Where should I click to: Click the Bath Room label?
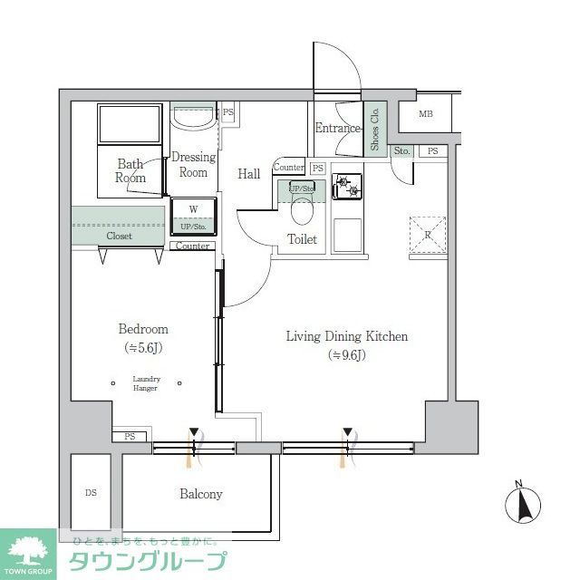(x=130, y=170)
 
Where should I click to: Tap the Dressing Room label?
(x=193, y=164)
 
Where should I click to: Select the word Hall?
(x=249, y=174)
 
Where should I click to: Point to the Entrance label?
(x=338, y=128)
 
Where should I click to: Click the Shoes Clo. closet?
(x=375, y=127)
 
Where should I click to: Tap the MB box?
(x=426, y=114)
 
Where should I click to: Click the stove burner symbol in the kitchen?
(x=347, y=188)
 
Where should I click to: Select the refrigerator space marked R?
(x=428, y=233)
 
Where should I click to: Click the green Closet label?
(x=119, y=236)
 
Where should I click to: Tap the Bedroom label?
(x=143, y=330)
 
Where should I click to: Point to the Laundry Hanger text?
(x=145, y=383)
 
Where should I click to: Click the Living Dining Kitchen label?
(x=347, y=336)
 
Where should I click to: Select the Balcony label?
(x=201, y=494)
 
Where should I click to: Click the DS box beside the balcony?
(x=91, y=494)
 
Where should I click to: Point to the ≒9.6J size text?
(x=347, y=354)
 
